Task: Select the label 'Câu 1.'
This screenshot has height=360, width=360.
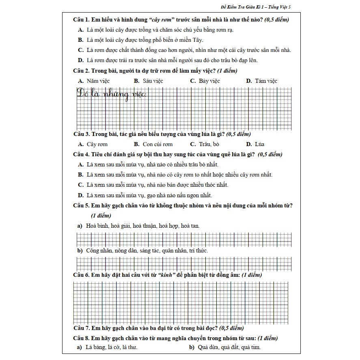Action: pos(81,19)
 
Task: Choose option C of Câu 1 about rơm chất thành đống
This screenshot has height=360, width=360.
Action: pos(189,50)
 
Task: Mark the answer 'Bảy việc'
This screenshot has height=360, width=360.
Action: pos(209,81)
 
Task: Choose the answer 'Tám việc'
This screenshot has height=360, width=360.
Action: pos(266,81)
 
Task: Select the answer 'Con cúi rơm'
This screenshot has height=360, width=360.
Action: pos(157,144)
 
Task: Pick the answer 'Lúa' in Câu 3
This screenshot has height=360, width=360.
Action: pos(260,144)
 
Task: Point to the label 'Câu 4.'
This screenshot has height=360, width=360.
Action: pos(81,154)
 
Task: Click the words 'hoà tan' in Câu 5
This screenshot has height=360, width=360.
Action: pos(190,226)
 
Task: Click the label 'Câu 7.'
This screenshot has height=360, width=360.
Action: pos(81,328)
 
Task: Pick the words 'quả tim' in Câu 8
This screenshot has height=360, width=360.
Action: pos(251,347)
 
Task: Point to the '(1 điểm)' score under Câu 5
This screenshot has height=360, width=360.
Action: pos(101,215)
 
